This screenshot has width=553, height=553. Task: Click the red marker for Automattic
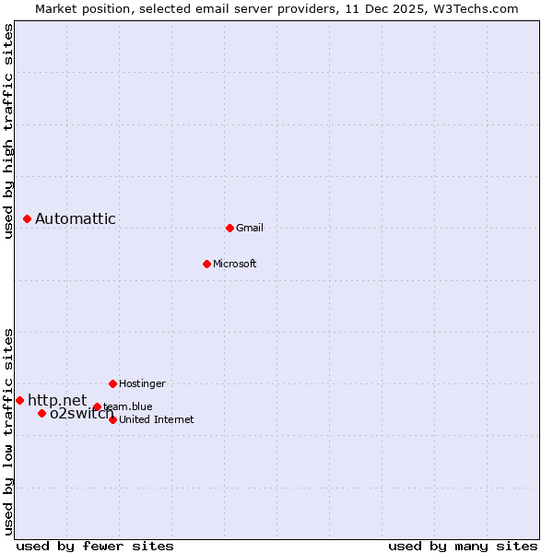point(28,218)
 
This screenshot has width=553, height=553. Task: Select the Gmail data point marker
point(229,228)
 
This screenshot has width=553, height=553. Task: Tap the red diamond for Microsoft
point(206,264)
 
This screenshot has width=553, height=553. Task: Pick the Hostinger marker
point(112,383)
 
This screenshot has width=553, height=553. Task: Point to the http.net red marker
point(19,400)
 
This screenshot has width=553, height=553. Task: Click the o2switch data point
point(41,413)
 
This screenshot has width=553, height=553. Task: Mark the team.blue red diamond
point(97,406)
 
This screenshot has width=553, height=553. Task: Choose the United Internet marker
point(112,419)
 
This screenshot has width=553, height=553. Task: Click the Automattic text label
point(76,218)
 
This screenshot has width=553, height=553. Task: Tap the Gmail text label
point(250,229)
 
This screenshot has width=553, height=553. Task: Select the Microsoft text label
point(235,265)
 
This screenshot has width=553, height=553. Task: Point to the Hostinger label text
point(143,383)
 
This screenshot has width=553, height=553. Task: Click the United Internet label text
point(157,420)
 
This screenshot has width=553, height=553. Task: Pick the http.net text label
point(57,400)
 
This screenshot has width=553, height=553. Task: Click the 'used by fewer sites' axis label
point(95,546)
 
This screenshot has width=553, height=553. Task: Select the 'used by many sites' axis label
point(463,546)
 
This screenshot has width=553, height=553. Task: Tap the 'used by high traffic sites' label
point(8,131)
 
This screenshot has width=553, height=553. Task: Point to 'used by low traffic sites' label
point(8,431)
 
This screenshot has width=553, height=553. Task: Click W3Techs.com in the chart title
point(476,8)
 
